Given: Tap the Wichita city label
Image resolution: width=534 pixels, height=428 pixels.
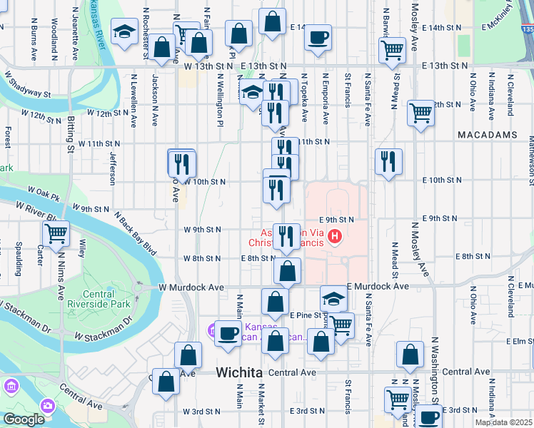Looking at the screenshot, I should tap(239, 373).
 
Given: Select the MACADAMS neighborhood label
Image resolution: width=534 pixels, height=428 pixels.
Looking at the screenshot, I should tap(488, 134).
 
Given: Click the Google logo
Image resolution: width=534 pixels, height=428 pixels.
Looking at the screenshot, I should tap(23, 419).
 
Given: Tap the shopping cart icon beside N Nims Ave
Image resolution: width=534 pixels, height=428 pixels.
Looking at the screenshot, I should tap(56, 233).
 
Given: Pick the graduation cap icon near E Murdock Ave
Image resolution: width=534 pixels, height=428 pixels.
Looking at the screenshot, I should tap(333, 297).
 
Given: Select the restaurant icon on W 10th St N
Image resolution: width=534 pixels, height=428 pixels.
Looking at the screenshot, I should tap(182, 163).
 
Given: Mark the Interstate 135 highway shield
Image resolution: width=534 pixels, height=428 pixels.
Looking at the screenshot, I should tap(527, 29).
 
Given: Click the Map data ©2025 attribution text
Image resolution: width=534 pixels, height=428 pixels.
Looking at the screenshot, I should tap(503, 422).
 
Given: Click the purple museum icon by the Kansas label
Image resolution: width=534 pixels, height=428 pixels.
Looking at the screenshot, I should tap(213, 330).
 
